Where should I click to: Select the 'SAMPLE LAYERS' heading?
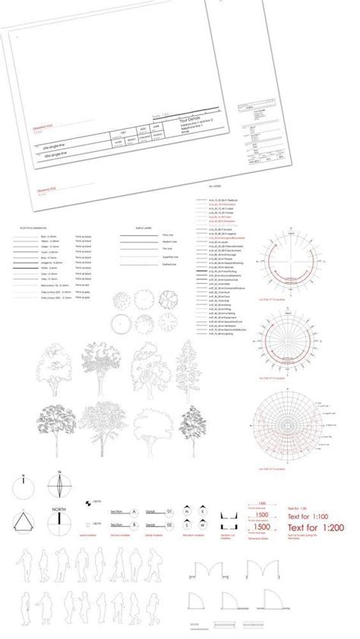pyautogui.click(x=144, y=227)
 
